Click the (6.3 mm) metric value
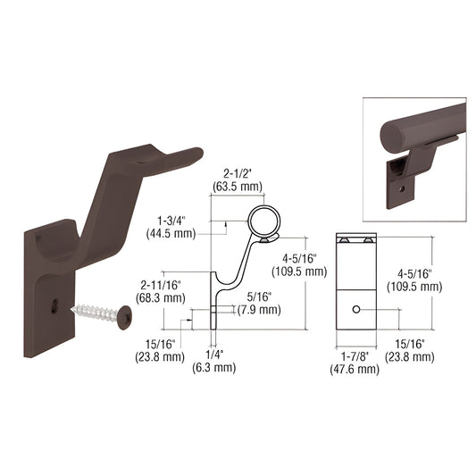click(214, 367)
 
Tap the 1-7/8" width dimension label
click(355, 355)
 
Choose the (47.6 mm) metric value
click(355, 367)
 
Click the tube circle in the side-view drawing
click(263, 220)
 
